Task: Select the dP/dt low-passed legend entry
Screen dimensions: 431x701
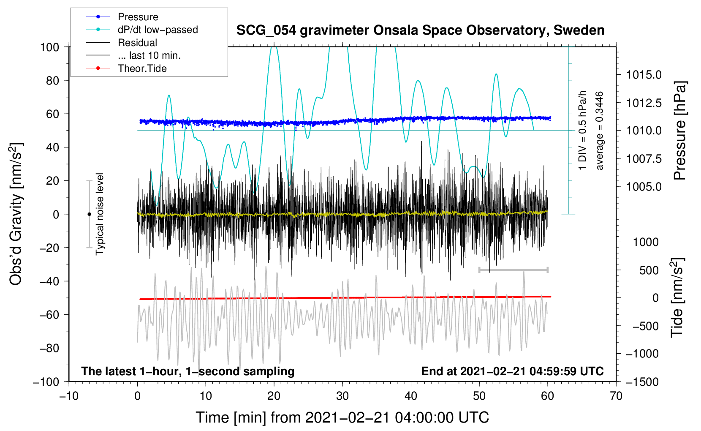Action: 158,30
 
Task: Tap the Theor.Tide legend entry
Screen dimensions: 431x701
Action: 142,68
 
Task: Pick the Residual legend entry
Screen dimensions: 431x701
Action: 137,43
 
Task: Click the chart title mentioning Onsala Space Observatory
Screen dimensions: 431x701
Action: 420,30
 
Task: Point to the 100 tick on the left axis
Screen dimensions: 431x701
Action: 49,47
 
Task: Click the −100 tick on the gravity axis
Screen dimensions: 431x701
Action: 46,382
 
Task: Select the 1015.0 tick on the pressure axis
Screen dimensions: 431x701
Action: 644,75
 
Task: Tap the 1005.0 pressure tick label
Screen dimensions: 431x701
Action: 644,186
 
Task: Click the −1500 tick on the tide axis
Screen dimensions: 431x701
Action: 642,382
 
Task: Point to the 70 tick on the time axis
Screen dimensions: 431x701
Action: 616,396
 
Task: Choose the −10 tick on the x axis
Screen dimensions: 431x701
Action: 69,396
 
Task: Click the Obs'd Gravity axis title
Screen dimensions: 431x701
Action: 16,214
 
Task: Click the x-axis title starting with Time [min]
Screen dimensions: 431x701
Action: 342,417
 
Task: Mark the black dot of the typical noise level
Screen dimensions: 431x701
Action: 89,214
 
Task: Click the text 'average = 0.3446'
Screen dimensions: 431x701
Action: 600,131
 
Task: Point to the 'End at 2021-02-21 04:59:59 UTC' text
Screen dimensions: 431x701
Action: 512,371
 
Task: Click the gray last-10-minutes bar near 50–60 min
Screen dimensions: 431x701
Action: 513,270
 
